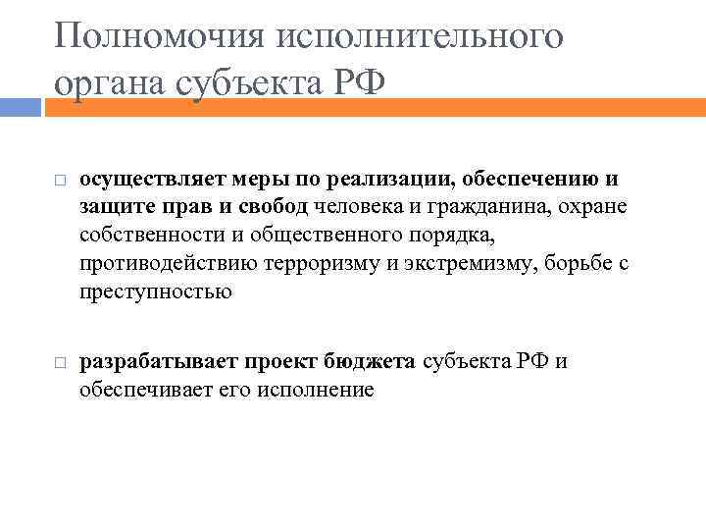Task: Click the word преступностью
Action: pos(156,291)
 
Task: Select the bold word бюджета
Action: pos(374,362)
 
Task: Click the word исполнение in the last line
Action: pos(318,390)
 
